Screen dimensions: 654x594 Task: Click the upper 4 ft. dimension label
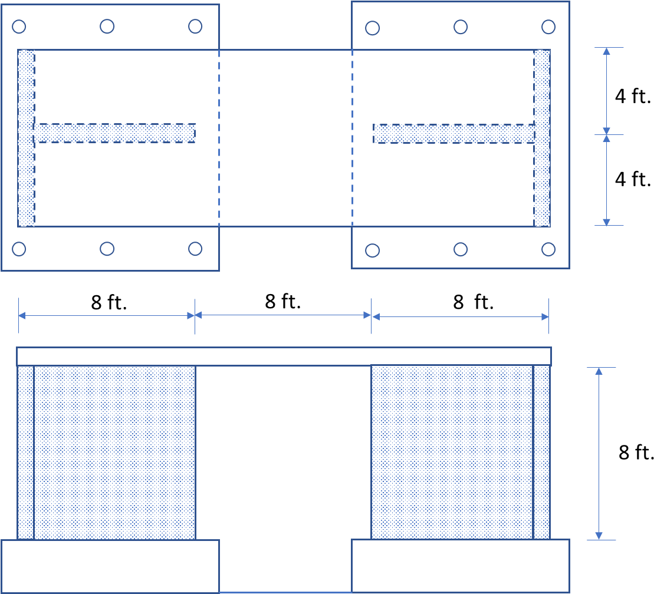(x=633, y=96)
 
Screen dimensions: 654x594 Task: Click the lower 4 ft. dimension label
(x=633, y=179)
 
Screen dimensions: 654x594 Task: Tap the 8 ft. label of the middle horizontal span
(x=283, y=301)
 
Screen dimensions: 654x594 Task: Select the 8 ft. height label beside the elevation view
(x=636, y=452)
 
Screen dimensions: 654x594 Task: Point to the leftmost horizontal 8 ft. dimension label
(x=109, y=302)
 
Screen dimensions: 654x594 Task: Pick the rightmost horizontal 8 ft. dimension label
(x=474, y=301)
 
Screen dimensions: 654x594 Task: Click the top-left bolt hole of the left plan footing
(x=19, y=27)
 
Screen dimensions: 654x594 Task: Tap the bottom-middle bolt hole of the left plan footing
(x=107, y=249)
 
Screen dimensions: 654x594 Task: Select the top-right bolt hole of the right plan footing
(x=548, y=27)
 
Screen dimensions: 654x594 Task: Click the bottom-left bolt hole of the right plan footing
(x=373, y=250)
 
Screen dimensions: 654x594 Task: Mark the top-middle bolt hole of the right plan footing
(x=461, y=27)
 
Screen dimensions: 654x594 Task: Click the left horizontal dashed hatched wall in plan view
(x=114, y=133)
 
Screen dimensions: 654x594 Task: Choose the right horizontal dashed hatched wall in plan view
(x=454, y=134)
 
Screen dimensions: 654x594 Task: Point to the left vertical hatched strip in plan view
(x=26, y=138)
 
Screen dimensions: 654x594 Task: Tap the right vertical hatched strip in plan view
(x=542, y=138)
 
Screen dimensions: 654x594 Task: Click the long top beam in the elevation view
(x=284, y=357)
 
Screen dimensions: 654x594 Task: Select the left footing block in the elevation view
(x=110, y=566)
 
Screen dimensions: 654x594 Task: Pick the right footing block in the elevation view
(x=461, y=566)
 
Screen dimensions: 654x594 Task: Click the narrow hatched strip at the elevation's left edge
(x=25, y=453)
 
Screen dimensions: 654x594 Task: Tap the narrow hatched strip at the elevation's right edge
(x=542, y=453)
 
